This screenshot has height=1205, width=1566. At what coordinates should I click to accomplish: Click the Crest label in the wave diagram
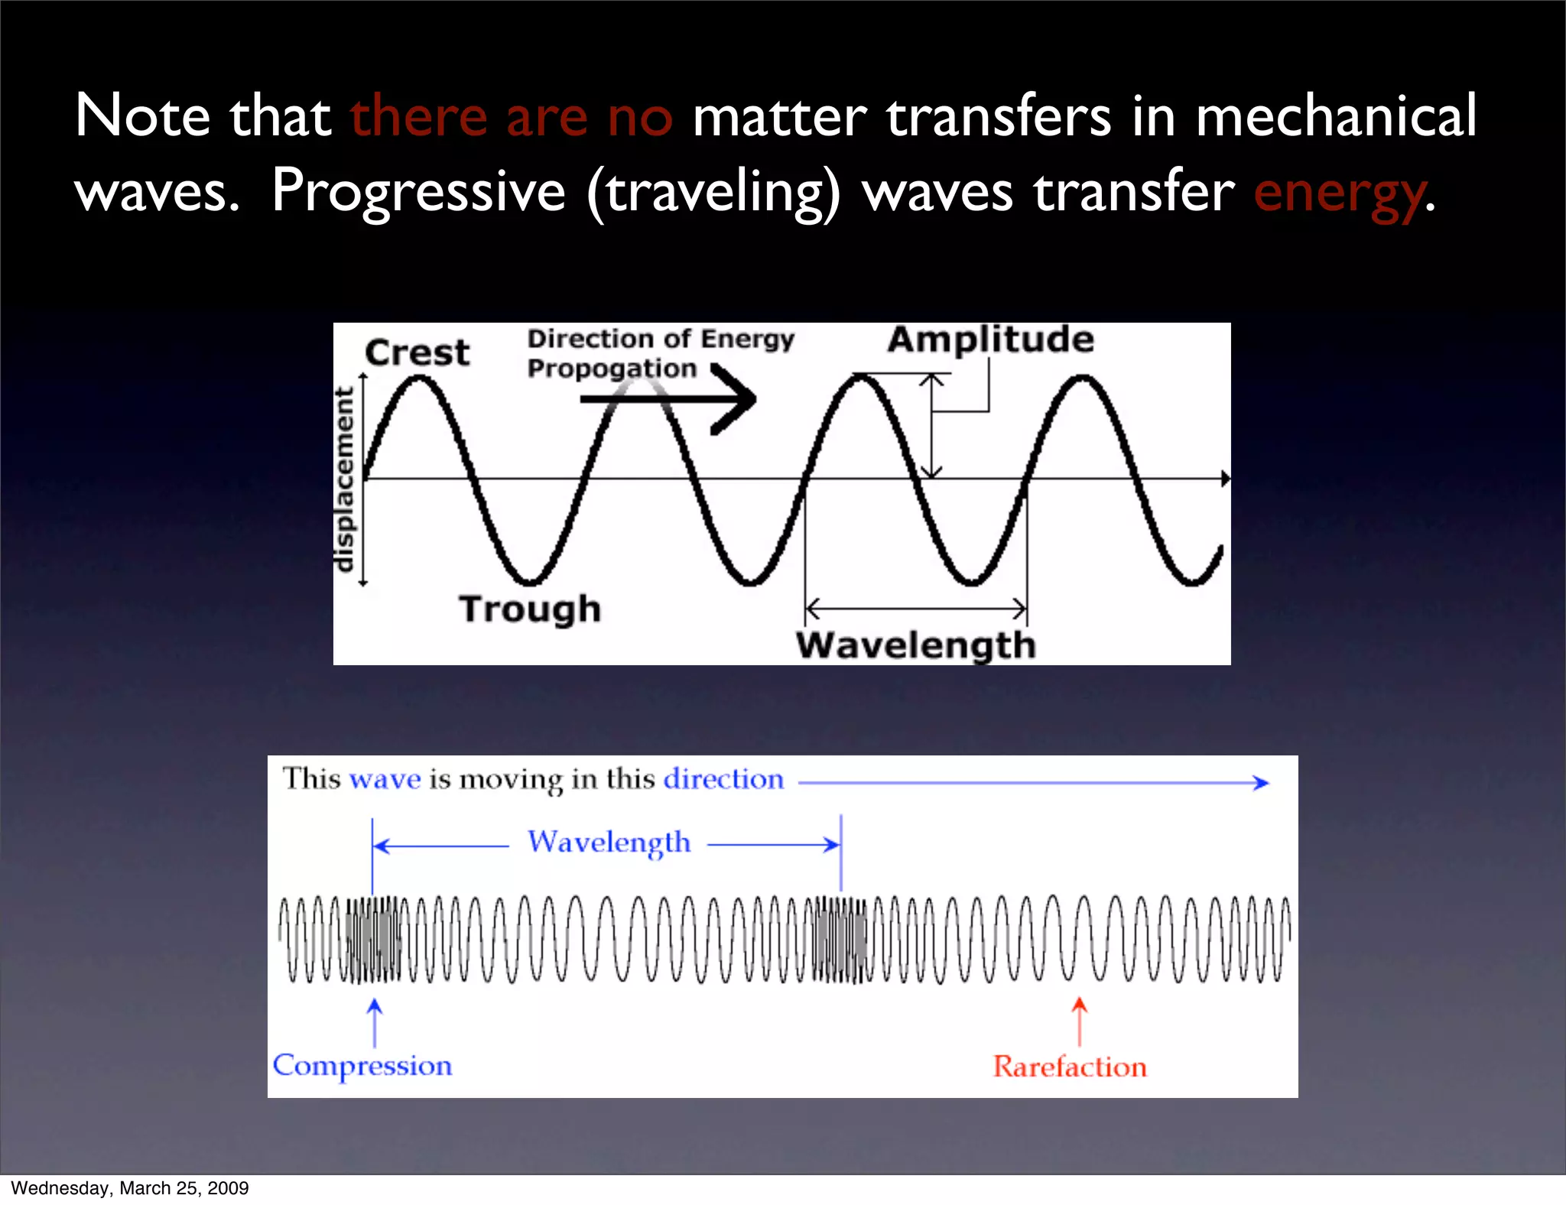tap(417, 352)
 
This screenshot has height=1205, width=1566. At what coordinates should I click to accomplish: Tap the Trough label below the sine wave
tap(530, 609)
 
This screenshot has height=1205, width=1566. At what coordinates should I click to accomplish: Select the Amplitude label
tap(990, 339)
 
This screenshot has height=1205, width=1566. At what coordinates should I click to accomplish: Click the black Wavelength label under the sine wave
tap(915, 645)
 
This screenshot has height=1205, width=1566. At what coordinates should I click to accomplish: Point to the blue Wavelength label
tap(609, 842)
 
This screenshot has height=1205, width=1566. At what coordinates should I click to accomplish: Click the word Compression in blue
tap(362, 1066)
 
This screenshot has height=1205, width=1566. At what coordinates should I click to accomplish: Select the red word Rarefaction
tap(1070, 1067)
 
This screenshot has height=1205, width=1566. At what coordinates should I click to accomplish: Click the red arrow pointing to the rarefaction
tap(1079, 1021)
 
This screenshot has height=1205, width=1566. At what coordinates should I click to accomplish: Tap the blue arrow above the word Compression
tap(375, 1021)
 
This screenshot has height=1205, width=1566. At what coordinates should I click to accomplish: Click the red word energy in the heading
tap(1338, 193)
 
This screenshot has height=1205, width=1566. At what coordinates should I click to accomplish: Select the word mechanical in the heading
tap(1336, 116)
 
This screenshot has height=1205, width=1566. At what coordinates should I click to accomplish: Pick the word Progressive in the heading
tap(418, 191)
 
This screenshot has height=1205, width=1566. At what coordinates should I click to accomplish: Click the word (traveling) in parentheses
tap(713, 193)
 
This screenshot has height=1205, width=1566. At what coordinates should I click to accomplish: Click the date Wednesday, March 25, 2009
tap(130, 1188)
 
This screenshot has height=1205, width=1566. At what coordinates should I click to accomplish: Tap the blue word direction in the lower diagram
tap(723, 779)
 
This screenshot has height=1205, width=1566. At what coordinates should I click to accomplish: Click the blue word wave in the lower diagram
tap(385, 779)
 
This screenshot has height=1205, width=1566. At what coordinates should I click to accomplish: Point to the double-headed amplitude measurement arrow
tap(931, 425)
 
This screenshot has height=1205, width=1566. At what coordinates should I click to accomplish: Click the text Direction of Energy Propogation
tap(660, 353)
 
